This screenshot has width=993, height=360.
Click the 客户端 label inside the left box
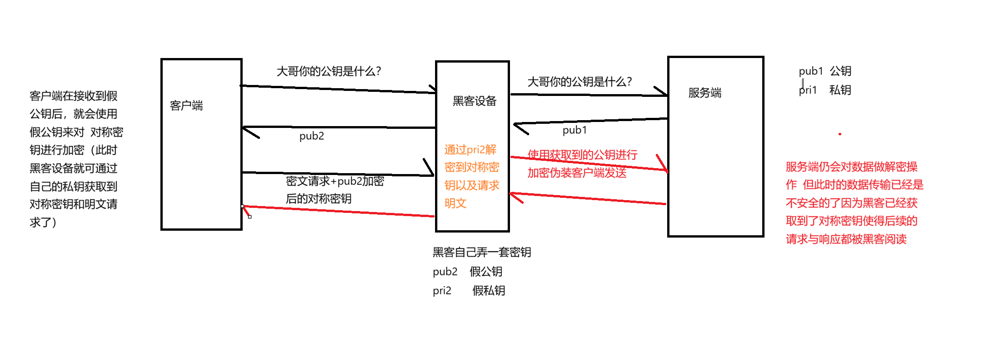(x=186, y=106)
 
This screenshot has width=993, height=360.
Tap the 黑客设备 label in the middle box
(x=474, y=101)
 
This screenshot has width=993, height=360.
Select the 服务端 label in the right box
(x=705, y=93)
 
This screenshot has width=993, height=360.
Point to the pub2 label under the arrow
(x=312, y=136)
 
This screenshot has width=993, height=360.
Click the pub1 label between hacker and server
(x=574, y=130)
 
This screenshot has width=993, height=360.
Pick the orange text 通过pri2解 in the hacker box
(x=470, y=150)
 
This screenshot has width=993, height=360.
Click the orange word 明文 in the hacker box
(x=455, y=203)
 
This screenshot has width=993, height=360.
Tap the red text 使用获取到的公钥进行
(x=582, y=155)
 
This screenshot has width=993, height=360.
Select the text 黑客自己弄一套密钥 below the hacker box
(x=482, y=252)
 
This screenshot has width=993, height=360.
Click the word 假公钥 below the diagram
(x=486, y=272)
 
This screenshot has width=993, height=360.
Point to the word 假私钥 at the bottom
(x=489, y=291)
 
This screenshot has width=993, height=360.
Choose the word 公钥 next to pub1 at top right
(x=840, y=71)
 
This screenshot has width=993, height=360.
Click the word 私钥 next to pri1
(x=840, y=90)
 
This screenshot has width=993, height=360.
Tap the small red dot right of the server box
(x=840, y=134)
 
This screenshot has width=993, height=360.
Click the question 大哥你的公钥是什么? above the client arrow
(x=329, y=71)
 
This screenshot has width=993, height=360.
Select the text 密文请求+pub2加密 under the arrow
(x=335, y=181)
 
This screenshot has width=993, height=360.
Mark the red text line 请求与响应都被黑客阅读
(x=846, y=239)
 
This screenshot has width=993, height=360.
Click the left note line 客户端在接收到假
(x=74, y=96)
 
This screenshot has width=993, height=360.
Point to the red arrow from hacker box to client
(x=338, y=211)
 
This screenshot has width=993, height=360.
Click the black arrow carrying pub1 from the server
(x=589, y=121)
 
